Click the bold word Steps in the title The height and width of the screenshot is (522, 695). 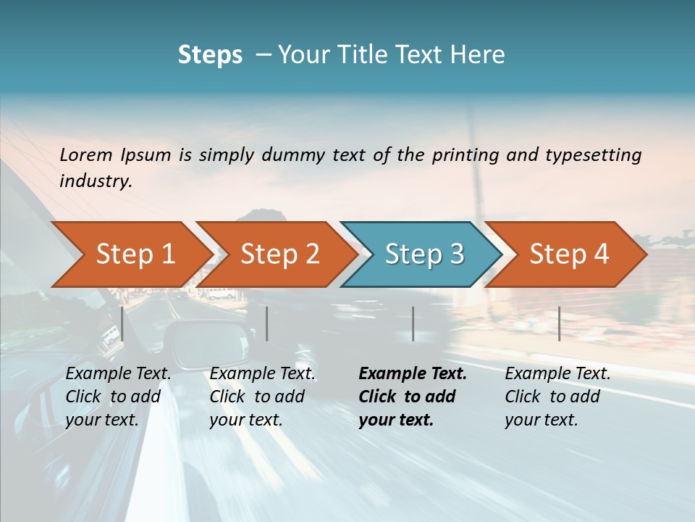(x=210, y=55)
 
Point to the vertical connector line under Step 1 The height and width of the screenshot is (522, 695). (x=122, y=323)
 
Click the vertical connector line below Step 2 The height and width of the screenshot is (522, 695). (x=267, y=323)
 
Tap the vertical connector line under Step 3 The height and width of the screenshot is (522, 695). (x=413, y=323)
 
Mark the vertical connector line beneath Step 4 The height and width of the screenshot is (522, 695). (x=559, y=323)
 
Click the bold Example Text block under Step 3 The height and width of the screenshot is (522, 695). (x=411, y=397)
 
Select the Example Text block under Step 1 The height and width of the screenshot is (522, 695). (x=117, y=397)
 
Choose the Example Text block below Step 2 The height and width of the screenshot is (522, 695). (x=261, y=397)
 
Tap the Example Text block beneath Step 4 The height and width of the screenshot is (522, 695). (x=557, y=397)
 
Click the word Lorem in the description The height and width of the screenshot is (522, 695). (x=86, y=154)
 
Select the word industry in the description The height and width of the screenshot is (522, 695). (x=95, y=181)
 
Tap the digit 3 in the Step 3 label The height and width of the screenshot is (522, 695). (x=457, y=254)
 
